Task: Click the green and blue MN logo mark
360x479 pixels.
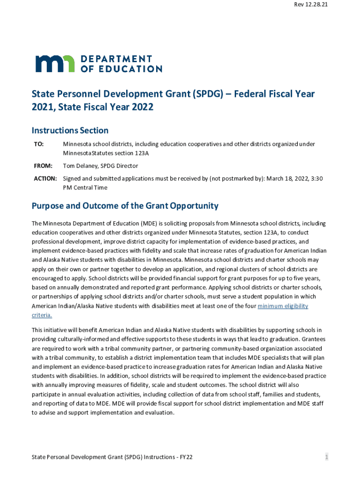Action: click(x=55, y=64)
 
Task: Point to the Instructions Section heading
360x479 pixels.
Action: click(x=70, y=131)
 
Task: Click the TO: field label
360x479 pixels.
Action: click(x=39, y=144)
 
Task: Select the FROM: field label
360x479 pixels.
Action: click(x=43, y=166)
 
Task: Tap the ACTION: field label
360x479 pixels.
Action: click(x=45, y=179)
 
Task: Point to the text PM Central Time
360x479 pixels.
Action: click(x=85, y=188)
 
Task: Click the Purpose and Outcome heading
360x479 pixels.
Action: click(x=125, y=206)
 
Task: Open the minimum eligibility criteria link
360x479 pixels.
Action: click(x=283, y=306)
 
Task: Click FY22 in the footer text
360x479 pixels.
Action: click(x=186, y=457)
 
